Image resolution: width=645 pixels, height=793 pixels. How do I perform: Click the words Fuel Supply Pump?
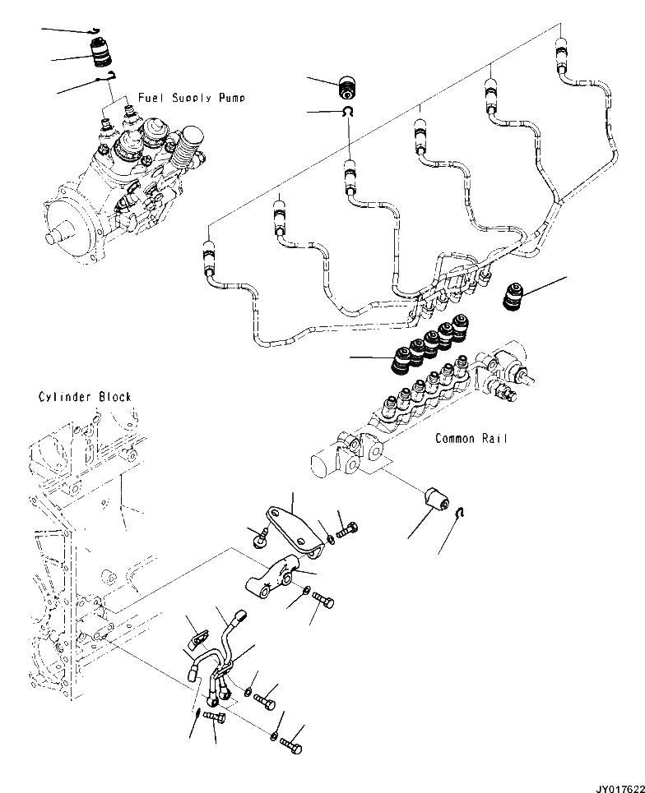(x=191, y=98)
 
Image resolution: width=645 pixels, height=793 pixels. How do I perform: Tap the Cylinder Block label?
(x=85, y=397)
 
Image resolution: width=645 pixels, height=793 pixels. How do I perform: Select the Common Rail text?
(x=471, y=439)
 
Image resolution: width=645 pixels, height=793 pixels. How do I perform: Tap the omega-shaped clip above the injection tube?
(x=348, y=112)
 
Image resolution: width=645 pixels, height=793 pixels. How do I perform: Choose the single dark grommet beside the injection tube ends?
(x=514, y=294)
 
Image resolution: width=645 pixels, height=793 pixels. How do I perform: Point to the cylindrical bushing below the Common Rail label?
(x=434, y=500)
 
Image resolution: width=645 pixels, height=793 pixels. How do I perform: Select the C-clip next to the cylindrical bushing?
(x=462, y=514)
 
